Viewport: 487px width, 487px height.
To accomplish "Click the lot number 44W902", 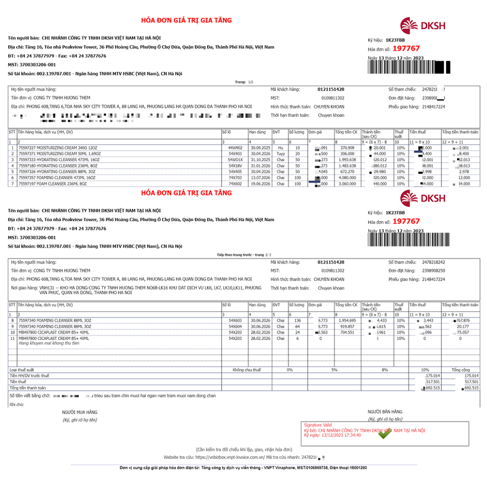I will (x=235, y=147).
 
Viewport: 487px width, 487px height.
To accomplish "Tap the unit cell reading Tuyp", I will (x=280, y=154).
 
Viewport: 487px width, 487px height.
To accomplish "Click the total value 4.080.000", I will (x=345, y=177).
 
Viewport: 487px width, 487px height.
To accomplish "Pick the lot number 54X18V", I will (x=235, y=166).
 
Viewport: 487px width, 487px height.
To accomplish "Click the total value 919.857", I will (x=346, y=326).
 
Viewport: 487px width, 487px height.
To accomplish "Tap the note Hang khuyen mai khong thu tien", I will (x=49, y=343).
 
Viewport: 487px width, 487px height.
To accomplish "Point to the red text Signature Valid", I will (x=318, y=425).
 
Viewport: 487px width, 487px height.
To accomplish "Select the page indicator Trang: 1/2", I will (x=244, y=82).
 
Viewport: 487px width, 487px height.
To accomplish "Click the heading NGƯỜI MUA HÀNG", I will (x=79, y=412).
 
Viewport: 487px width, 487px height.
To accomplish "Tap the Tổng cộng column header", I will (x=461, y=370).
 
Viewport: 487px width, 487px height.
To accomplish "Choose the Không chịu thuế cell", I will (x=247, y=370).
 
